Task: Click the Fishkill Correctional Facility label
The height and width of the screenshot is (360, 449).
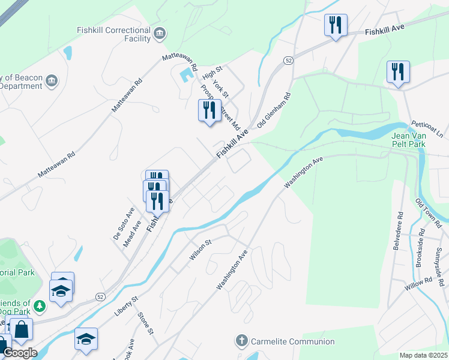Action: (113, 35)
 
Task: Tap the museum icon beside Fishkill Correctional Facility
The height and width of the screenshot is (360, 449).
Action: (160, 32)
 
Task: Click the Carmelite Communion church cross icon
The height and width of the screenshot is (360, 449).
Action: (242, 341)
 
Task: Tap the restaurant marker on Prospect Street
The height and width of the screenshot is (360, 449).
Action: (209, 111)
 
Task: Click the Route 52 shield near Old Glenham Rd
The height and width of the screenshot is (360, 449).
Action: (289, 61)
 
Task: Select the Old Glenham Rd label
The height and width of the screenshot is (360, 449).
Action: (273, 110)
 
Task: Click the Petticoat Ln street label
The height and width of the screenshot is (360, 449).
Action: (427, 128)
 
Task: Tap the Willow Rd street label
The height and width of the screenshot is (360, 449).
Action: (418, 283)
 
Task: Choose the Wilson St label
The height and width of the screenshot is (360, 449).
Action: (201, 250)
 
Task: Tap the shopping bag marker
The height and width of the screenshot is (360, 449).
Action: (22, 329)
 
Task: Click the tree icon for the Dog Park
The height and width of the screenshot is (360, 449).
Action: (40, 307)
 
